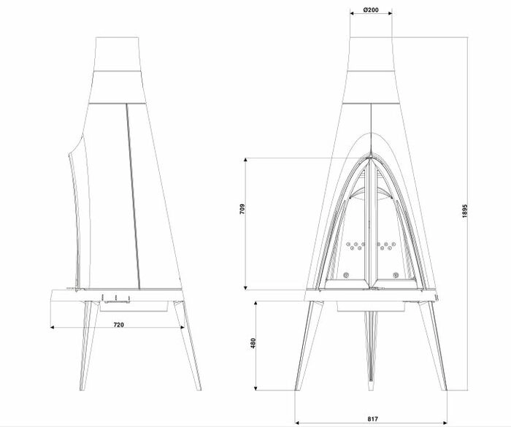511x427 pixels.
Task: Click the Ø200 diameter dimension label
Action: (x=371, y=9)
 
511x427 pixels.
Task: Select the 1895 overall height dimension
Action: (x=465, y=211)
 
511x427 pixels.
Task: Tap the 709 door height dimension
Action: (x=242, y=209)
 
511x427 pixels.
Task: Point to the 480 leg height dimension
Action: (x=253, y=343)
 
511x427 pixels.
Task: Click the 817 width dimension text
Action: (x=372, y=419)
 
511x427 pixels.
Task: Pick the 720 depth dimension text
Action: (x=118, y=325)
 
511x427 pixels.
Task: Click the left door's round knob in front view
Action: (x=346, y=275)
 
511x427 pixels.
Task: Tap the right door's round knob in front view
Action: (x=396, y=275)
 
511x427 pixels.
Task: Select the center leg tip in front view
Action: (x=371, y=388)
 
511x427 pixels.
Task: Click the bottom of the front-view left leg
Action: (x=298, y=388)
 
